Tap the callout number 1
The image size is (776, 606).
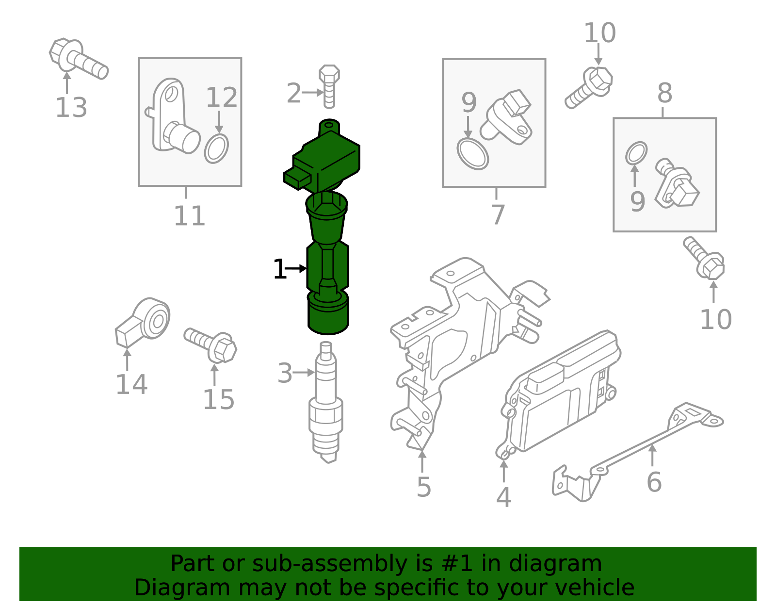pyautogui.click(x=279, y=269)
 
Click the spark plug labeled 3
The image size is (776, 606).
pyautogui.click(x=326, y=403)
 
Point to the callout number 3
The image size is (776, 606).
pyautogui.click(x=285, y=373)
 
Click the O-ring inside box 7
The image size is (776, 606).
pyautogui.click(x=472, y=154)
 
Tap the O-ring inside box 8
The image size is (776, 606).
pyautogui.click(x=636, y=153)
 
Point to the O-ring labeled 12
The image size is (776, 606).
pyautogui.click(x=216, y=148)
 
